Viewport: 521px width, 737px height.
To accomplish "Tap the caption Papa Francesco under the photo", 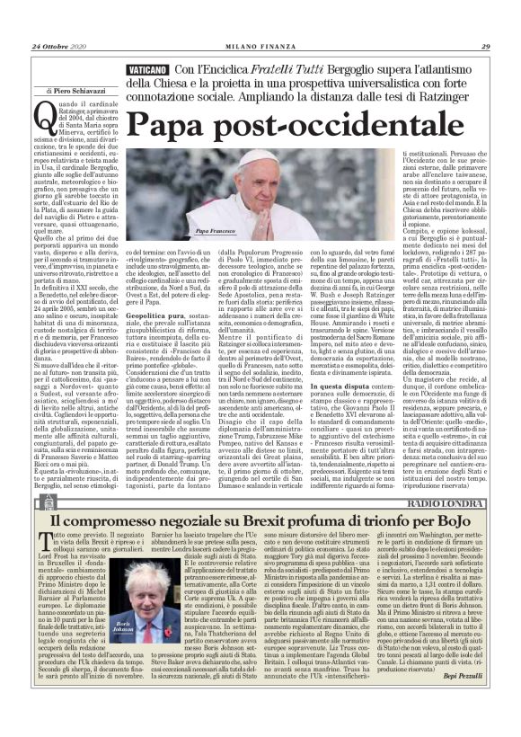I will [216, 232].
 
